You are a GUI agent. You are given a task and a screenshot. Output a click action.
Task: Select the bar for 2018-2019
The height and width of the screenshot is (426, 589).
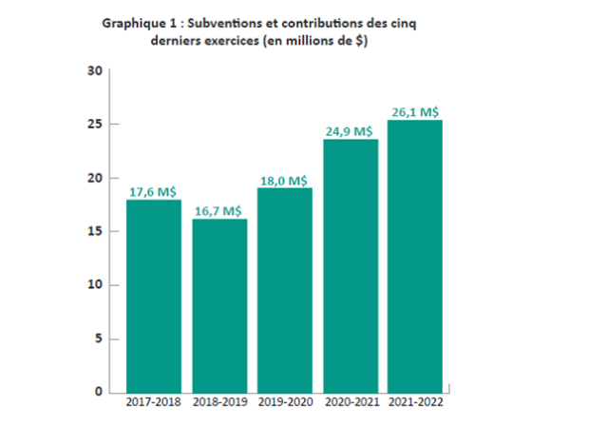pyautogui.click(x=219, y=305)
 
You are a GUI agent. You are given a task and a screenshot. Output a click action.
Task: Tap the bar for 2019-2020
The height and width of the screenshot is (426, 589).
pyautogui.click(x=284, y=290)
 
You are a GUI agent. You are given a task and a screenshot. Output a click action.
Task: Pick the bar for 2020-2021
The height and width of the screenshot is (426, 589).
pyautogui.click(x=350, y=265)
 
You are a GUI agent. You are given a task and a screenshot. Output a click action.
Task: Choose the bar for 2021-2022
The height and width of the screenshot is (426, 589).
pyautogui.click(x=415, y=256)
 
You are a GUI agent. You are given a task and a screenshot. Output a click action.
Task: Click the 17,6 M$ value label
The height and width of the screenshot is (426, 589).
pyautogui.click(x=153, y=191)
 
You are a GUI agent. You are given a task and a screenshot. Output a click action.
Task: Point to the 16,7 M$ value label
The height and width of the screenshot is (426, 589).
pyautogui.click(x=218, y=210)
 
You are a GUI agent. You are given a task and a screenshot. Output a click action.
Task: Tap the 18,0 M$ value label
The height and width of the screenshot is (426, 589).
pyautogui.click(x=284, y=180)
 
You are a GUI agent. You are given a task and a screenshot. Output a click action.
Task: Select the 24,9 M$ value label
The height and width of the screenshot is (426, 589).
pyautogui.click(x=350, y=131)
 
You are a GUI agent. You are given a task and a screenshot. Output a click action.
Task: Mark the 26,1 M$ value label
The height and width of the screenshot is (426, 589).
pyautogui.click(x=415, y=111)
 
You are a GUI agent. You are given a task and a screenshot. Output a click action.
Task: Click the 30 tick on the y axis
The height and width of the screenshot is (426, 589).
pyautogui.click(x=93, y=71)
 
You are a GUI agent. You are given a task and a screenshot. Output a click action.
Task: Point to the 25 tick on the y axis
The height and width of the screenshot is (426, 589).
pyautogui.click(x=93, y=125)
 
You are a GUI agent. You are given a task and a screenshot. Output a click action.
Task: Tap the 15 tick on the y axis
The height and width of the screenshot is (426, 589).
pyautogui.click(x=93, y=232)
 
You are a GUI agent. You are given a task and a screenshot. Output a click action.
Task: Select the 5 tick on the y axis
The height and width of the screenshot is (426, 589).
pyautogui.click(x=97, y=339)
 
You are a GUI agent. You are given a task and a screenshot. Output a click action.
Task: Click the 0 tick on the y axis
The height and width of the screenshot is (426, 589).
pyautogui.click(x=97, y=391)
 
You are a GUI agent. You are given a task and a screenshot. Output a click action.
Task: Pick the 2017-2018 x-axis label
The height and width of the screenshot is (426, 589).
pyautogui.click(x=154, y=404)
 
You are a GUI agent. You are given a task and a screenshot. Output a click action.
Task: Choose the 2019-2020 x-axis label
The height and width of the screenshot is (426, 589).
pyautogui.click(x=284, y=404)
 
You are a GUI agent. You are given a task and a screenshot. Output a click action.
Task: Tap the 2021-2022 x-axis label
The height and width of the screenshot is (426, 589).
pyautogui.click(x=415, y=404)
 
